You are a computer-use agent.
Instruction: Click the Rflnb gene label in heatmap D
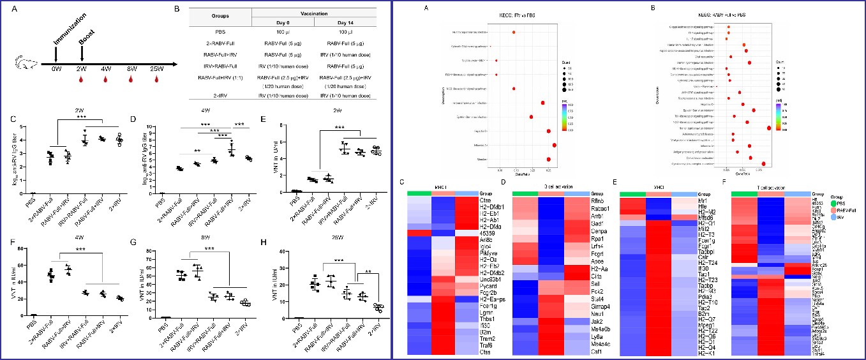[x=596, y=200]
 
